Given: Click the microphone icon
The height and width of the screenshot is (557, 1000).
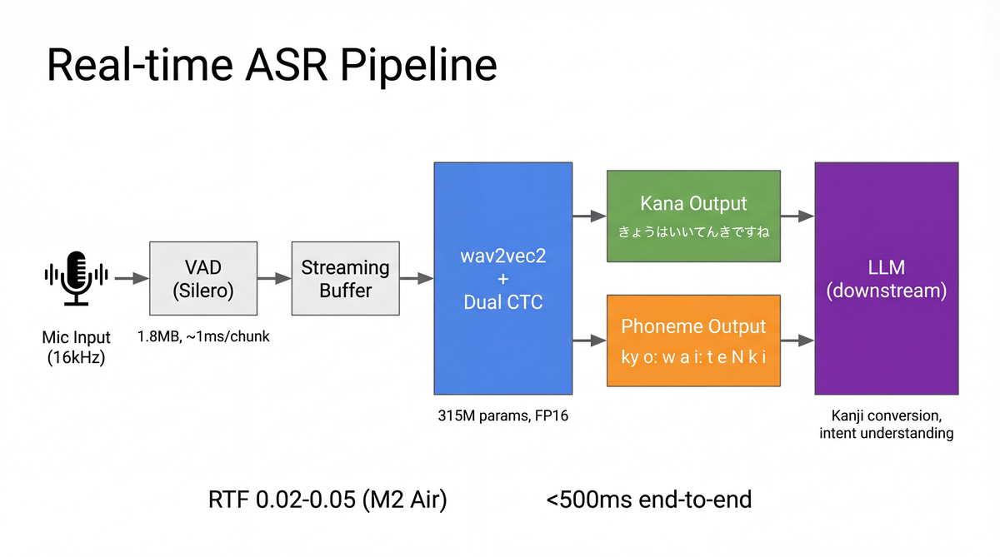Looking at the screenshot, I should pos(77,278).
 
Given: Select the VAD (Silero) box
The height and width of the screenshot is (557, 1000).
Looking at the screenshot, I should pos(196,278).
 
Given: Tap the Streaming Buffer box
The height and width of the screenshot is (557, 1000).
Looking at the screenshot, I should pos(345,278).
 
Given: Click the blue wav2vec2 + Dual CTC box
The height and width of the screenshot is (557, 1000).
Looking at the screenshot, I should pos(502,278).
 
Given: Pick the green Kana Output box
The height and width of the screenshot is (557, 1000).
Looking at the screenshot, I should pos(693,216).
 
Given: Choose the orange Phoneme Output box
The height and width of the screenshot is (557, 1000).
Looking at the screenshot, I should pos(693,340).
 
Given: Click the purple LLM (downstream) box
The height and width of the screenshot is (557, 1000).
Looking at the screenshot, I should pos(886,278).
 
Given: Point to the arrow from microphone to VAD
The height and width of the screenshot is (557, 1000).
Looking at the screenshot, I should pos(130,278).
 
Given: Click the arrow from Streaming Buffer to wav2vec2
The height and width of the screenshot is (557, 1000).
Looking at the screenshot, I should pos(416,278).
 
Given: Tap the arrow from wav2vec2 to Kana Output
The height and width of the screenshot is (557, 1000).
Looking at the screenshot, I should pos(589,216).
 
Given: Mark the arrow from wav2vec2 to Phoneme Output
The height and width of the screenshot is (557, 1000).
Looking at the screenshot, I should pos(589,340).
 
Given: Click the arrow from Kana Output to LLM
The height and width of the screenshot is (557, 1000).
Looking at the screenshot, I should pos(797,216).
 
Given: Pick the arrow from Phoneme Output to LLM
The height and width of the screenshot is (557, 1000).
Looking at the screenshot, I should pos(797,340).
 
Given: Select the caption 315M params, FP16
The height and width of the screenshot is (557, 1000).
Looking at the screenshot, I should pos(502,415).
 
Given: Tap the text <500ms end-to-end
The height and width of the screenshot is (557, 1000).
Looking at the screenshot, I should pos(649,500).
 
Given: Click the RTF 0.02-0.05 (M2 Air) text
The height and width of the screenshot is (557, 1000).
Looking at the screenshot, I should pos(327,500).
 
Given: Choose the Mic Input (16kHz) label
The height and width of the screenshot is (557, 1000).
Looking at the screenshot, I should pos(77,347).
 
